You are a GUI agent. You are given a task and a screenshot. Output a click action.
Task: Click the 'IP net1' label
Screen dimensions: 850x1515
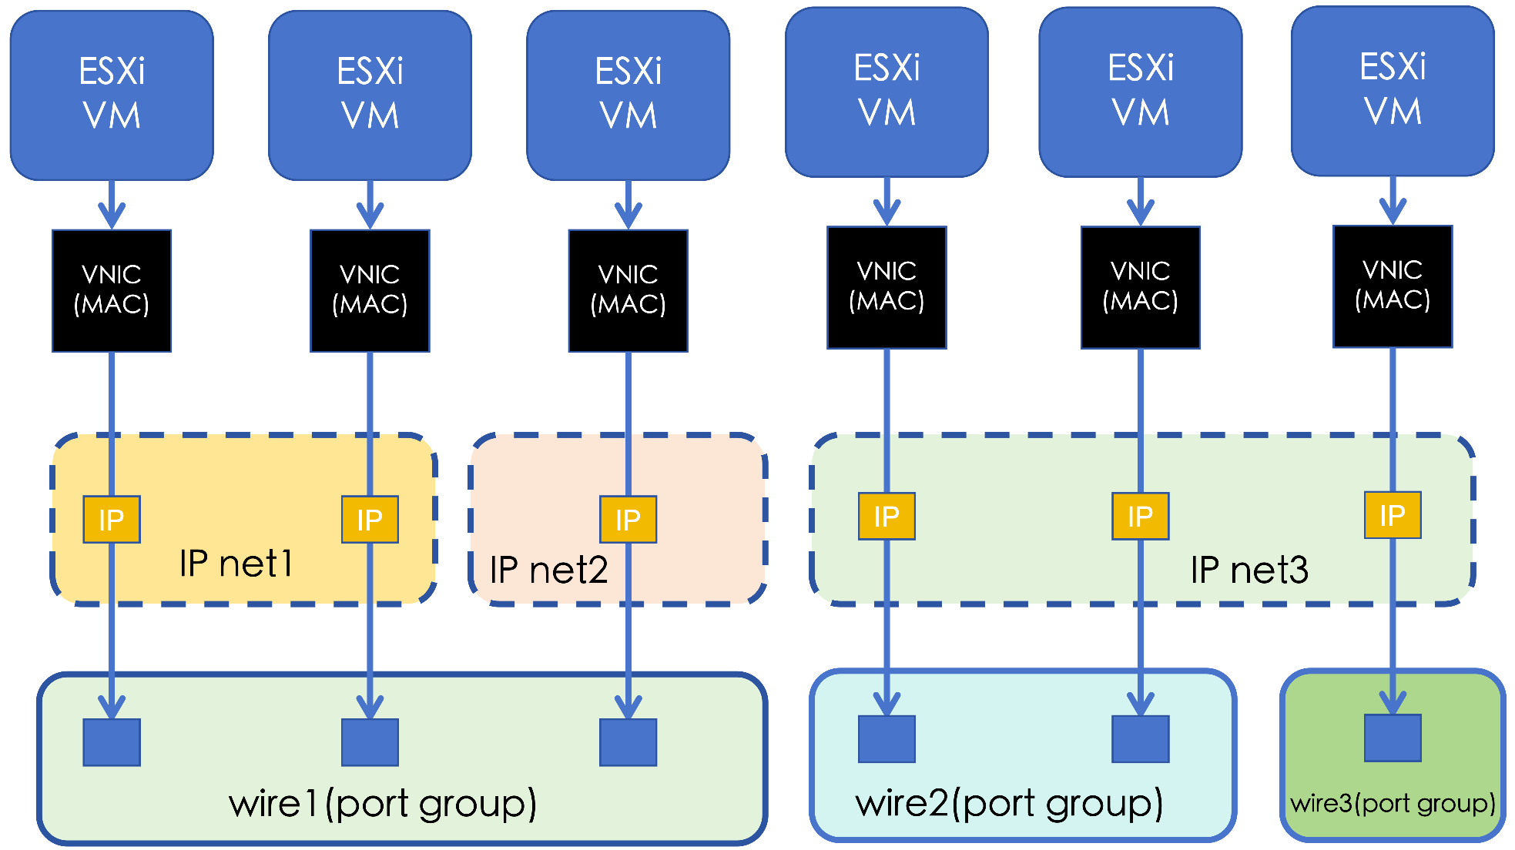(x=236, y=564)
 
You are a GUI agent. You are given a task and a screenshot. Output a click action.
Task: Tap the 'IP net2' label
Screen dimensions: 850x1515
(x=548, y=571)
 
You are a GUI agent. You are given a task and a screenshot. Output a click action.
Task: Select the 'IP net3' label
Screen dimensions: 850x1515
(x=1249, y=571)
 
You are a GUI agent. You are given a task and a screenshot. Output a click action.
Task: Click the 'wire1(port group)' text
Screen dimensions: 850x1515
(x=382, y=804)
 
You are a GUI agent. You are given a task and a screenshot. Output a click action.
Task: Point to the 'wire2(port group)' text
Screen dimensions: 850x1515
(x=1009, y=803)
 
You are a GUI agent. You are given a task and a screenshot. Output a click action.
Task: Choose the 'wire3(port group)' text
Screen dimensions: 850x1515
(x=1393, y=803)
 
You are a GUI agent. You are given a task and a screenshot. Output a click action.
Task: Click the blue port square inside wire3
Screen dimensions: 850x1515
(x=1393, y=738)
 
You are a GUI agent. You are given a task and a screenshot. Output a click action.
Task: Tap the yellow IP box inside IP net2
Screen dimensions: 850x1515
(x=628, y=520)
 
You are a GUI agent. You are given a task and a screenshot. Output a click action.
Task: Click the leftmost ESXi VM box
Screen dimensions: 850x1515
(x=112, y=95)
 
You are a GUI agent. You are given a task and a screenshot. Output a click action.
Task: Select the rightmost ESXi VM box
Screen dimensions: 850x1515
(x=1393, y=92)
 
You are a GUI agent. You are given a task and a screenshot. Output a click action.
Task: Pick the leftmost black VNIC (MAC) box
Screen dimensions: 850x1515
(x=112, y=290)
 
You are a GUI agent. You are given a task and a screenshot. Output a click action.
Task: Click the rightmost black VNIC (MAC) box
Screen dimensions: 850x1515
(x=1393, y=286)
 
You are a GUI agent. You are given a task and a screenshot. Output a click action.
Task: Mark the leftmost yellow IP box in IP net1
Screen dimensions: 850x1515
(x=112, y=520)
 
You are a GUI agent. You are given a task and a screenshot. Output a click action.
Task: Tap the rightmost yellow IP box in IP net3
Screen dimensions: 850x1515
(x=1393, y=515)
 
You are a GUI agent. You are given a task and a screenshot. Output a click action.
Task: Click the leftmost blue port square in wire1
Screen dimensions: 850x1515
(x=112, y=742)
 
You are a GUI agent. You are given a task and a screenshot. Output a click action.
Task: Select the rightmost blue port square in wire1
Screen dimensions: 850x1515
(x=628, y=742)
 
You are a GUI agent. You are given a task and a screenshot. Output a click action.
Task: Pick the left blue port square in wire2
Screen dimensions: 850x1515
(x=887, y=739)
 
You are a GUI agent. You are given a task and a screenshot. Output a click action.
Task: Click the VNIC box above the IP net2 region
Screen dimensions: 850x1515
(x=628, y=290)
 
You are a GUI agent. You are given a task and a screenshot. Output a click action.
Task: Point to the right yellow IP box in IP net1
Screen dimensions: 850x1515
(x=370, y=520)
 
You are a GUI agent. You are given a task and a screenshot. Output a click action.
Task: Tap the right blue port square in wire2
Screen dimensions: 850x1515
(x=1140, y=739)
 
